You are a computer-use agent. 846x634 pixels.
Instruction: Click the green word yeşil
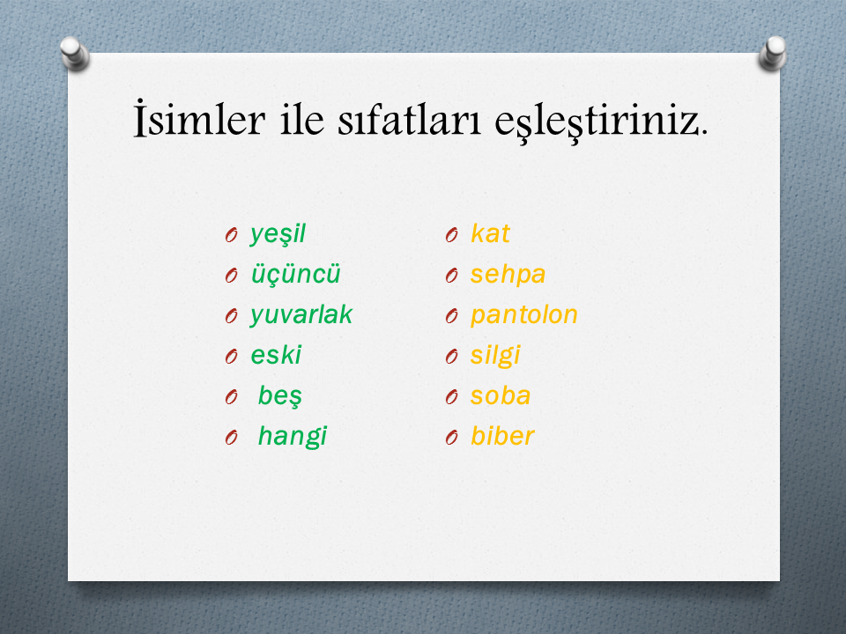click(x=278, y=234)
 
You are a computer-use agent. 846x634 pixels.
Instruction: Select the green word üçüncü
click(x=296, y=275)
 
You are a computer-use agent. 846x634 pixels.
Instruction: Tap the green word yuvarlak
click(x=301, y=315)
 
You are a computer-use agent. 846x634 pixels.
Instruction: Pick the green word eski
click(x=276, y=355)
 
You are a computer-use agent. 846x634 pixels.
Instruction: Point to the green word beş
click(x=279, y=396)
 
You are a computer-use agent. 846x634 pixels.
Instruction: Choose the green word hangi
click(x=293, y=436)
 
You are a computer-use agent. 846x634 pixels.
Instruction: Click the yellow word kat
click(x=490, y=233)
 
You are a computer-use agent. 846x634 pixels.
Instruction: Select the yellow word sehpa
click(x=508, y=275)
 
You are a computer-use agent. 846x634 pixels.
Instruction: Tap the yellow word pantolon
click(x=523, y=315)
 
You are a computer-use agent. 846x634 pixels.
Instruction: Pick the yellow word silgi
click(x=494, y=355)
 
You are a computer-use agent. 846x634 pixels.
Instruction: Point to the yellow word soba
click(x=501, y=395)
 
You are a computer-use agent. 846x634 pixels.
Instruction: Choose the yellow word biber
click(x=502, y=436)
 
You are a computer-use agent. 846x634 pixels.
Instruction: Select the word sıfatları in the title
click(x=409, y=120)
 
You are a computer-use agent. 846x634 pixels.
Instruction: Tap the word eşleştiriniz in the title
click(x=601, y=122)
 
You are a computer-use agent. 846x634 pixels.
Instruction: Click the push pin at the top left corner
click(x=74, y=54)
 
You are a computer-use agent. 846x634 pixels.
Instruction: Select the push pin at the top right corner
click(x=773, y=53)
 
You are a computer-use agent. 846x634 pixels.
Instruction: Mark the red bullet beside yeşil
click(x=232, y=235)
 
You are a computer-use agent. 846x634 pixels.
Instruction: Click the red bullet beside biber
click(x=451, y=438)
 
